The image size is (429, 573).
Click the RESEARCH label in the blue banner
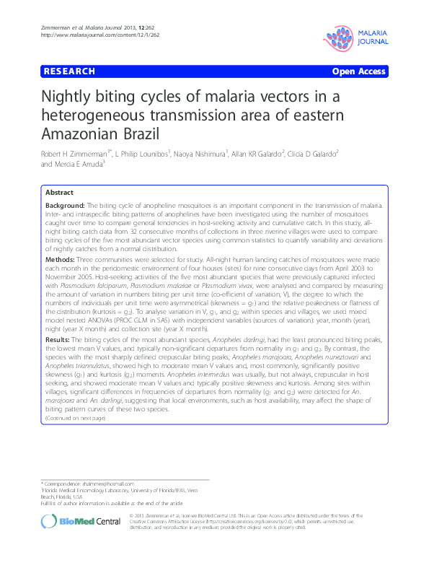[69, 71]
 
